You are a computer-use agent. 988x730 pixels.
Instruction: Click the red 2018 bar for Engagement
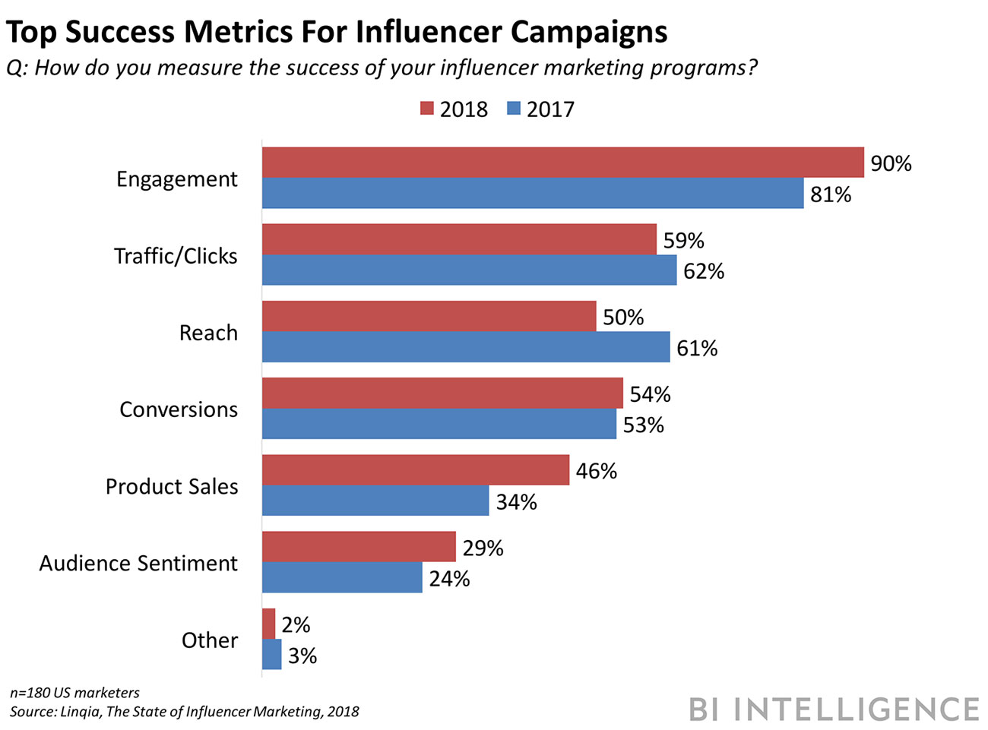pos(562,163)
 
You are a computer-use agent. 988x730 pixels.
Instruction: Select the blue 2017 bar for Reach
pos(466,347)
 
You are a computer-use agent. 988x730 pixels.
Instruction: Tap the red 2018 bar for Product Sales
pos(415,470)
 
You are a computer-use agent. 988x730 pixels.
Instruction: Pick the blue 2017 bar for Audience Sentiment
pos(342,578)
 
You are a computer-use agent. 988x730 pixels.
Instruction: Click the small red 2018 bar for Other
pos(268,624)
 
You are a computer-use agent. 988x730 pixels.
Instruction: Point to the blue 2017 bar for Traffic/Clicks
pos(469,270)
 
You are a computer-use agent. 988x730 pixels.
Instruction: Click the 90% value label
pos(891,163)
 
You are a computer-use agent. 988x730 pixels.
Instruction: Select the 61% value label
pos(697,348)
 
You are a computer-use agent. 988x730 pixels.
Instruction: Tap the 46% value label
pos(596,471)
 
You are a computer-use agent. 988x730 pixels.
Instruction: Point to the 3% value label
pos(302,656)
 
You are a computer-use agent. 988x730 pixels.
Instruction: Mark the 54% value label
pos(650,394)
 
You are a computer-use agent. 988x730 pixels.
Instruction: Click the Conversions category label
pos(179,409)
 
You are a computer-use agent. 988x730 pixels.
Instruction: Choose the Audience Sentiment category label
pos(138,563)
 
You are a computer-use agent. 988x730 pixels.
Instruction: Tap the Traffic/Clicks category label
pos(176,256)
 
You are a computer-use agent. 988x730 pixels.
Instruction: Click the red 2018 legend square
pos(427,109)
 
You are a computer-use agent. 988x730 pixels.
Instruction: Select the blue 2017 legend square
pos(514,109)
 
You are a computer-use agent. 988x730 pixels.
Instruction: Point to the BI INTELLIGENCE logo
pos(834,709)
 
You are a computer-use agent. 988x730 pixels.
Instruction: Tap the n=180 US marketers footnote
pos(74,693)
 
